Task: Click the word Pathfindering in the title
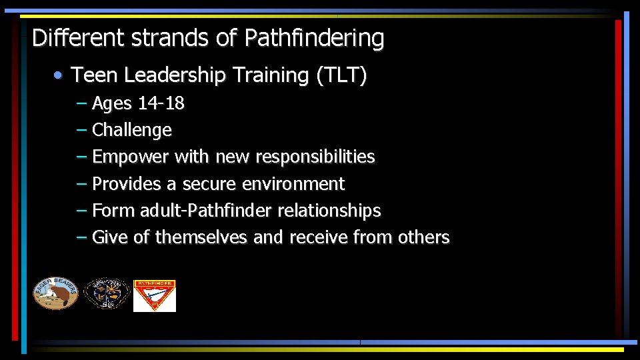(314, 38)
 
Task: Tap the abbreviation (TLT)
(341, 75)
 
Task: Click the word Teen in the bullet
(95, 75)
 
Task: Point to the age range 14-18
(161, 104)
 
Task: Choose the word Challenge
(132, 130)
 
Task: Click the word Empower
(131, 157)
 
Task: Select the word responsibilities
(315, 157)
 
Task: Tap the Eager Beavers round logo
(56, 293)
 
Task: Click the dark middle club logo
(107, 294)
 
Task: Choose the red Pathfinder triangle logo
(155, 295)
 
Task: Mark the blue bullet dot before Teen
(59, 76)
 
